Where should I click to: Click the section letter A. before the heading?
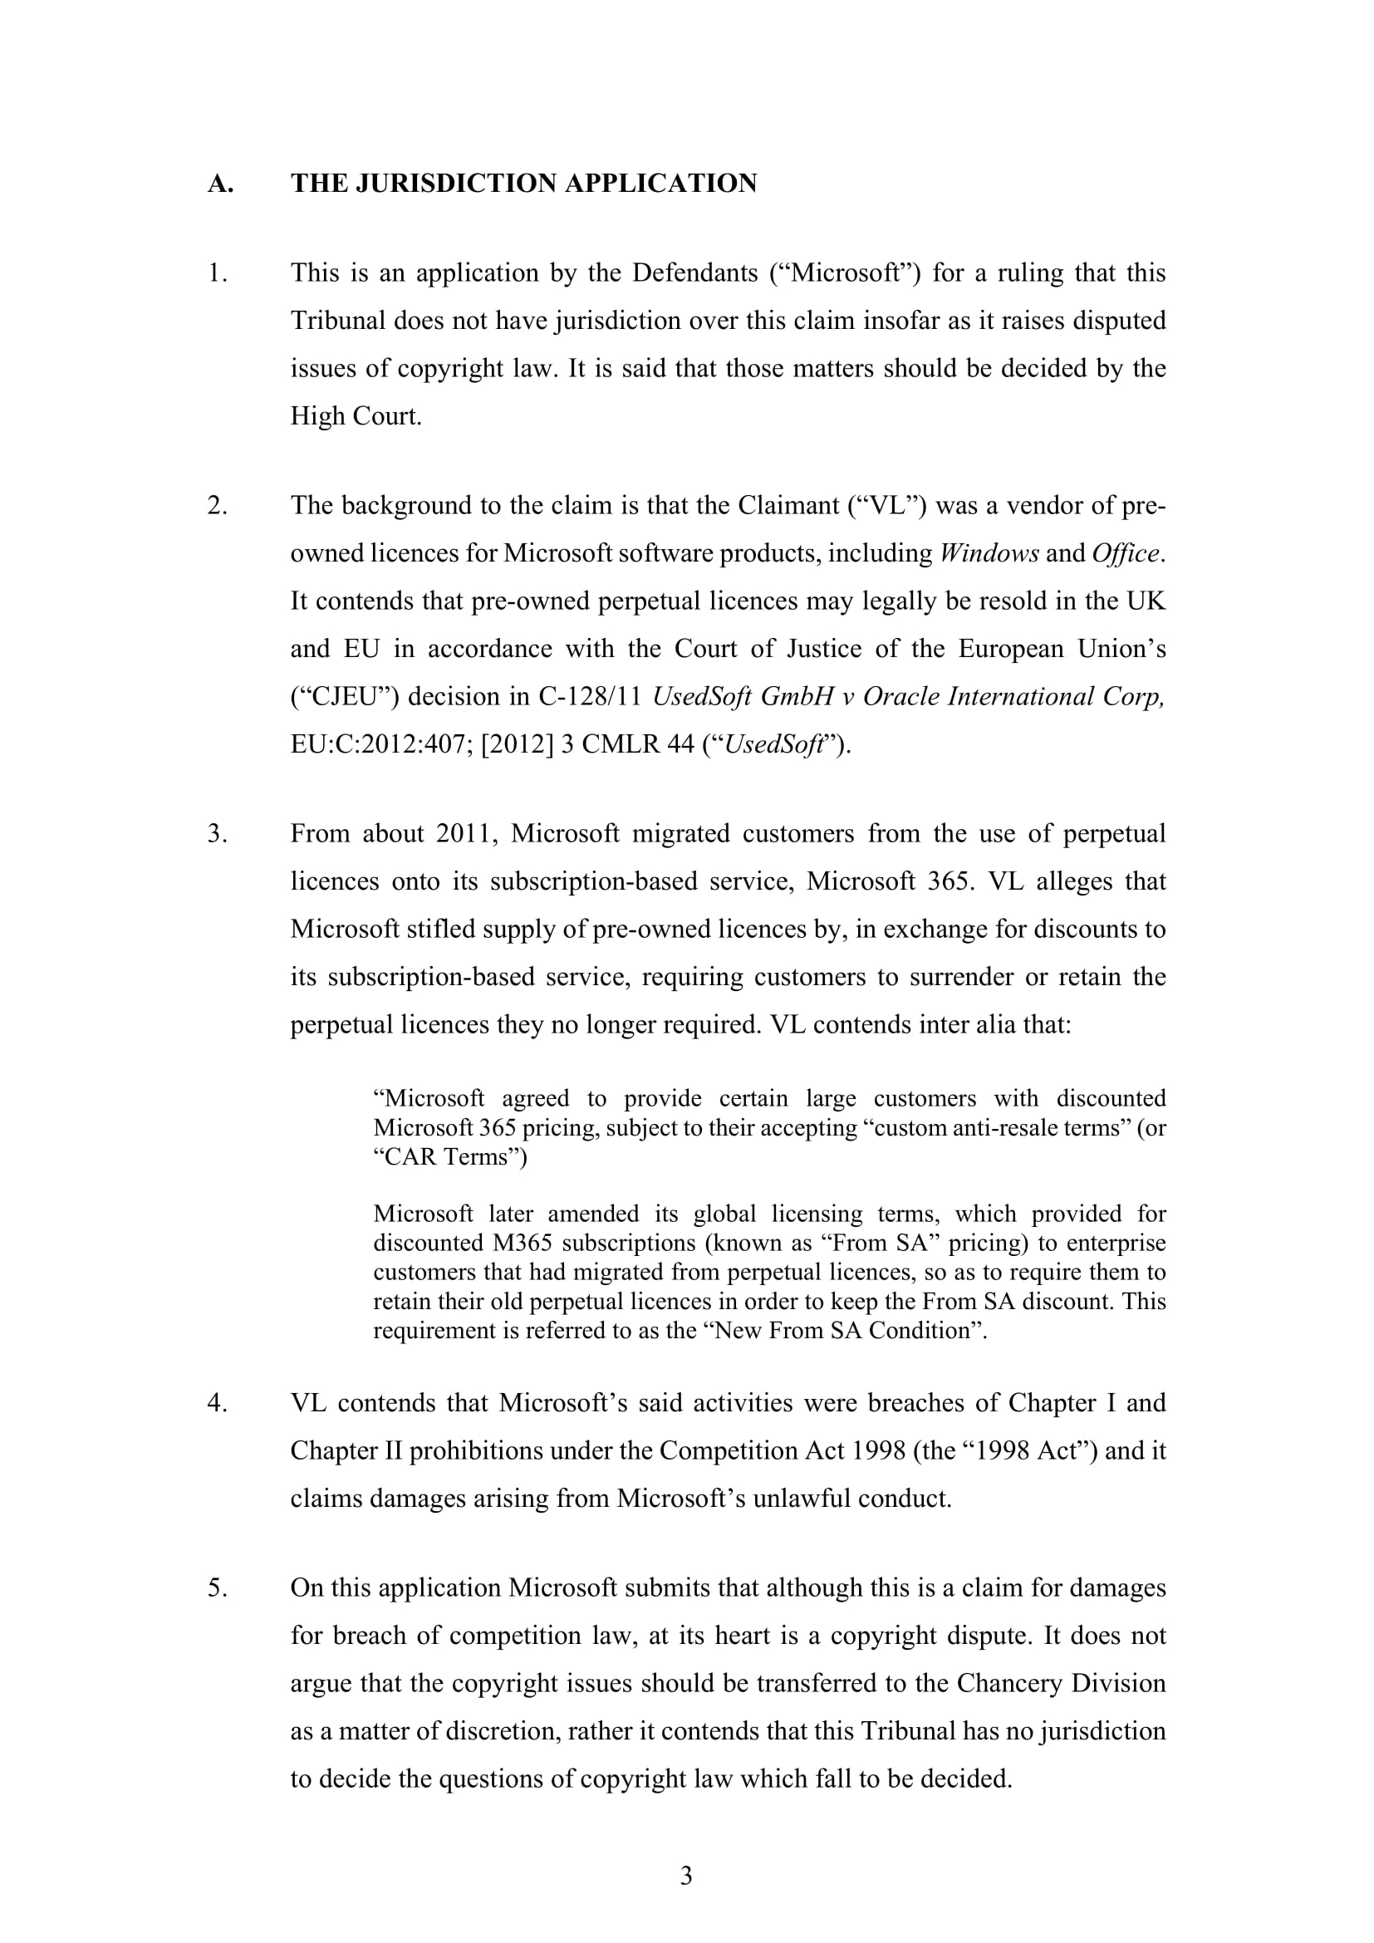coord(220,184)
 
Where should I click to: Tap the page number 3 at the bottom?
coord(686,1877)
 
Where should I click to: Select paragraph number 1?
coord(218,273)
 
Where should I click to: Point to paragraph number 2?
coord(218,505)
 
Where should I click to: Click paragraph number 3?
coord(218,833)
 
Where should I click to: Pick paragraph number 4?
coord(218,1403)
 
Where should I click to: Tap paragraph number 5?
coord(218,1587)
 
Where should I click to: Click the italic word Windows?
coord(989,553)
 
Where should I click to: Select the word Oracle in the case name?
coord(900,696)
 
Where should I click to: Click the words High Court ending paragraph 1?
coord(356,416)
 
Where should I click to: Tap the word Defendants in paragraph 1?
coord(694,273)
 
